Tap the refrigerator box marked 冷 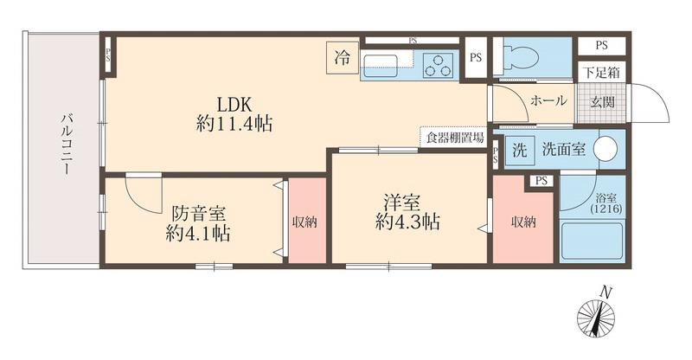point(342,57)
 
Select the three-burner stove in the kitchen point(439,66)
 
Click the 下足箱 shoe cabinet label point(601,73)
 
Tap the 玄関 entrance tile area point(602,102)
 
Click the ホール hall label point(548,100)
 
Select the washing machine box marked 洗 point(520,150)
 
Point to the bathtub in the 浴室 point(592,241)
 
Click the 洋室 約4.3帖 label point(407,213)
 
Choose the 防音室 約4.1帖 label point(198,223)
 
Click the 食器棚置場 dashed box point(452,138)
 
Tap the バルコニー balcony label point(67,144)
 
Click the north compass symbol point(596,315)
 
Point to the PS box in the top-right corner point(601,45)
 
